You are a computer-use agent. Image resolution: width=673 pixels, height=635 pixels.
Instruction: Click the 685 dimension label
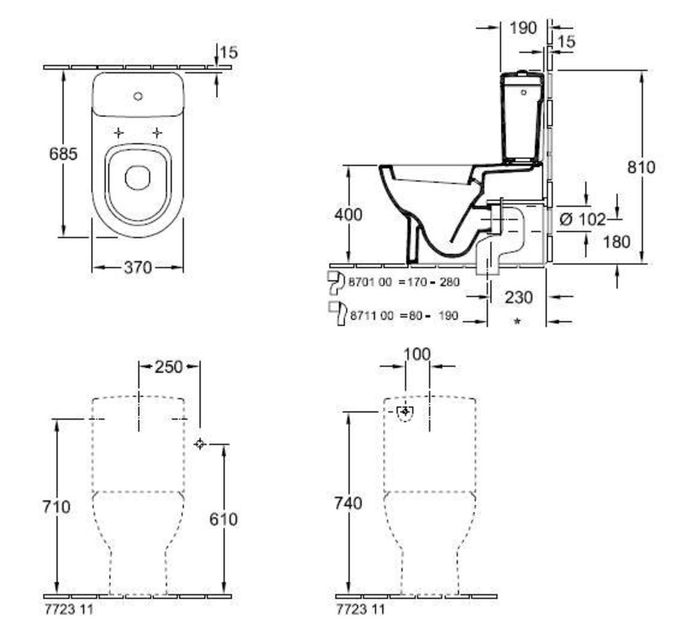(63, 154)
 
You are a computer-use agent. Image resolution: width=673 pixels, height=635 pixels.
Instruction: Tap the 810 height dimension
(641, 168)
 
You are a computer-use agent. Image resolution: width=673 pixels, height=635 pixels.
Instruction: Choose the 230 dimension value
(519, 296)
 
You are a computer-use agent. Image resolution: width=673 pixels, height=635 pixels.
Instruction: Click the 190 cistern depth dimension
(524, 28)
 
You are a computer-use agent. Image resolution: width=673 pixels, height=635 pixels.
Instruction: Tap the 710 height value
(56, 506)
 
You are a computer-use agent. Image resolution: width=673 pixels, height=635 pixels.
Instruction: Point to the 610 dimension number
(223, 519)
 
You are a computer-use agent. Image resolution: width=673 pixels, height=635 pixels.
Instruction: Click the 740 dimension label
(348, 503)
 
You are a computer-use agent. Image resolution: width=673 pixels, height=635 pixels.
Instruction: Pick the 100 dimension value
(418, 354)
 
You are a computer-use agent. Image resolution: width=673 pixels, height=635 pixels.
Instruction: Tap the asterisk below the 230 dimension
(518, 323)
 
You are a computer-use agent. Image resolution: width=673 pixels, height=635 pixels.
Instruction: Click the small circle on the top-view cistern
(138, 96)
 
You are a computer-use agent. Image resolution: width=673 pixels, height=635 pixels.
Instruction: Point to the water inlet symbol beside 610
(200, 443)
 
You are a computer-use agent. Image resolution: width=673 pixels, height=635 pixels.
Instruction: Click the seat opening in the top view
(137, 178)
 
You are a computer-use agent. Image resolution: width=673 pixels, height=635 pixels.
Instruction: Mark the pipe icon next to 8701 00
(334, 283)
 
